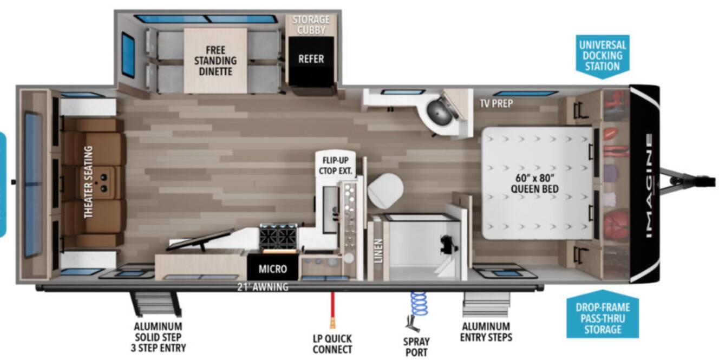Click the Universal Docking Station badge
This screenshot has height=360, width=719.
click(603, 56)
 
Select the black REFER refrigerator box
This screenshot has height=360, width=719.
click(311, 61)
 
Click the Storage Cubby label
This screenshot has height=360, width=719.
click(311, 25)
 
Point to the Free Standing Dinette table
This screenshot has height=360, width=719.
click(215, 61)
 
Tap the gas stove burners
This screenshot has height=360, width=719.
click(278, 236)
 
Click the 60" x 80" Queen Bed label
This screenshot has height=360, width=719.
click(534, 183)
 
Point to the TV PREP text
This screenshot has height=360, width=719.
click(496, 103)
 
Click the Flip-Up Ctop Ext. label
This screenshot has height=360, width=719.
click(336, 166)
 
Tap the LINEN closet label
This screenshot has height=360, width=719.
click(379, 251)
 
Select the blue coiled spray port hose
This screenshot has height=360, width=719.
click(419, 304)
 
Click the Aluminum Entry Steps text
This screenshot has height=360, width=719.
click(486, 332)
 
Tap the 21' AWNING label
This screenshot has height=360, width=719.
click(263, 287)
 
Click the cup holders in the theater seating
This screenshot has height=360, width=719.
click(104, 182)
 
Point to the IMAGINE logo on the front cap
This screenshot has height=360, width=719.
click(649, 186)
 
